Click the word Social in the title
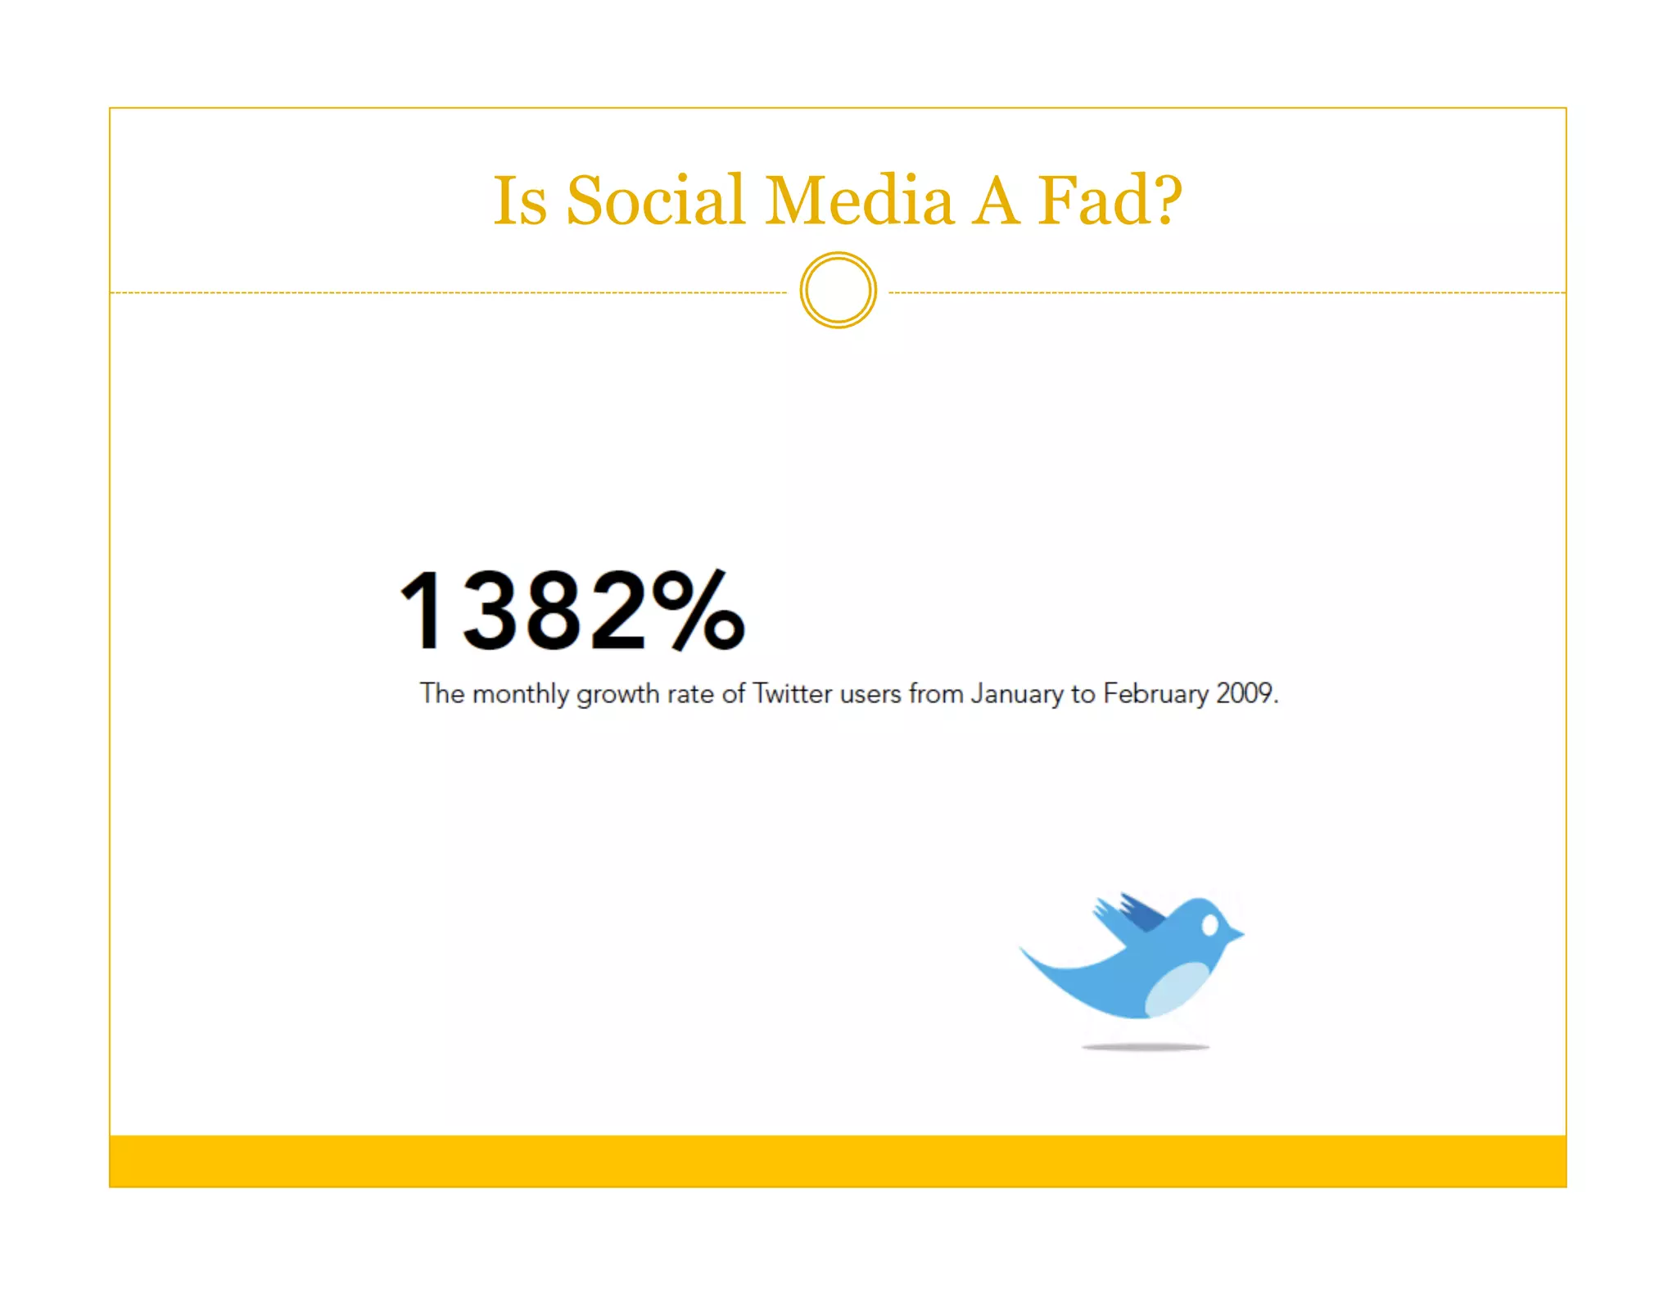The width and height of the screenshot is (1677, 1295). (x=655, y=201)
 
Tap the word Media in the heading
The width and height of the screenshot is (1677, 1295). (x=859, y=201)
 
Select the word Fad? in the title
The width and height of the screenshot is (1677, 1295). (x=1110, y=201)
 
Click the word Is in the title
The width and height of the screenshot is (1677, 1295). (x=519, y=201)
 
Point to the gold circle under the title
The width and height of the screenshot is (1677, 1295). (x=838, y=291)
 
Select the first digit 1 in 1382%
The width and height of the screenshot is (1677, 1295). (x=423, y=611)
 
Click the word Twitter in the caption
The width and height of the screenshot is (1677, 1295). (x=792, y=694)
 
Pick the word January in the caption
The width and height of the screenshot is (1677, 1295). (x=1017, y=694)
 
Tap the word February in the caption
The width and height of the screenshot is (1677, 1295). (x=1155, y=694)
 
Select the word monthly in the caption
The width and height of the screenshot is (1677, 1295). (x=520, y=694)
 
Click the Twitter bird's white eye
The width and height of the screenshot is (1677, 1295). (x=1209, y=926)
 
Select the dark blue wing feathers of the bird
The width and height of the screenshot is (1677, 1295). (x=1142, y=913)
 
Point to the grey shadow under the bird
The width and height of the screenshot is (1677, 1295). (x=1145, y=1047)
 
